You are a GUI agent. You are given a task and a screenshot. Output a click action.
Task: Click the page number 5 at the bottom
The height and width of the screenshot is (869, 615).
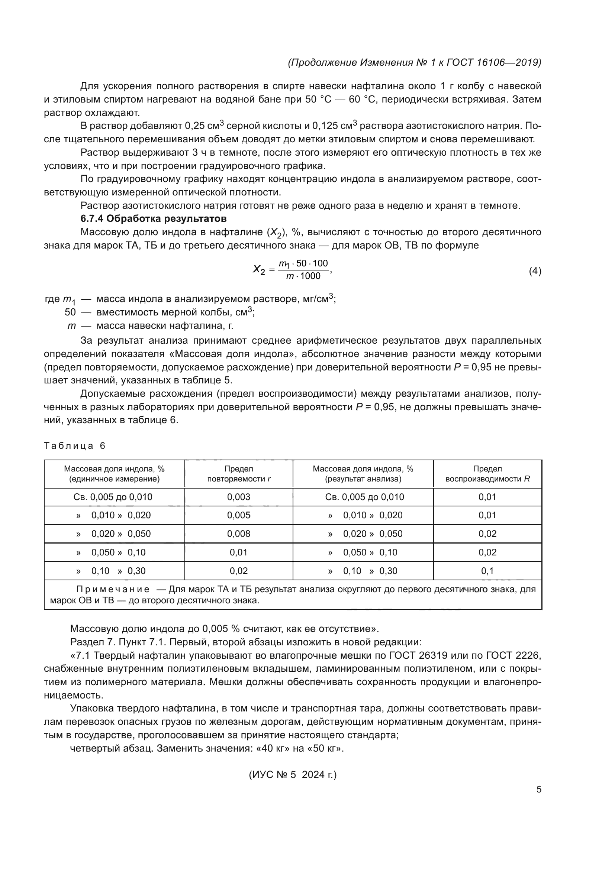(x=538, y=789)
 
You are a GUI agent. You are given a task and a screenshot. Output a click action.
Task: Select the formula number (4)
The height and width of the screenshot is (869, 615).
(x=535, y=271)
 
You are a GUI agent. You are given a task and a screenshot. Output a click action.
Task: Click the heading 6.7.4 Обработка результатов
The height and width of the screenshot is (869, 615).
(x=153, y=218)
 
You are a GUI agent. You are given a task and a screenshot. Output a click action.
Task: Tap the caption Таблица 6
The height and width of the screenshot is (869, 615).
(x=75, y=445)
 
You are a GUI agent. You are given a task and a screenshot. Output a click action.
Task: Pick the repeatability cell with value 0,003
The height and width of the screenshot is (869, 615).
(x=239, y=497)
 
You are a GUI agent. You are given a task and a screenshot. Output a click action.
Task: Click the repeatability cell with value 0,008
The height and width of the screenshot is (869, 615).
(x=239, y=534)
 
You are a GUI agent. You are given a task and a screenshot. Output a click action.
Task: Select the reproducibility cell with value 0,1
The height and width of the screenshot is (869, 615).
(x=487, y=571)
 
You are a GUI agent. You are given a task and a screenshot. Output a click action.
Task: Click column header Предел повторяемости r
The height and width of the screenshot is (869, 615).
(x=239, y=474)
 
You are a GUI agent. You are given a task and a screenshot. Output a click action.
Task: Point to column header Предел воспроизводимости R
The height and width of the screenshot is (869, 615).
(x=487, y=474)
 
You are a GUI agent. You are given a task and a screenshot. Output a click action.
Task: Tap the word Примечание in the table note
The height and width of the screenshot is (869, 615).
(x=112, y=589)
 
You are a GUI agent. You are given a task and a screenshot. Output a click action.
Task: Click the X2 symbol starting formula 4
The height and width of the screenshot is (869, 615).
(x=259, y=270)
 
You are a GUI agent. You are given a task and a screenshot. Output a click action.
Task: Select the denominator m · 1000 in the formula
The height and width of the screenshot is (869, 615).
(x=303, y=276)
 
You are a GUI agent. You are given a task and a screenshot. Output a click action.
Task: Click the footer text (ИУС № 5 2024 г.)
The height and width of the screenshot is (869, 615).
(x=293, y=775)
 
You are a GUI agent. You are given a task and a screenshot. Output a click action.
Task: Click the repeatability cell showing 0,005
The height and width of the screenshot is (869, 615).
(x=239, y=515)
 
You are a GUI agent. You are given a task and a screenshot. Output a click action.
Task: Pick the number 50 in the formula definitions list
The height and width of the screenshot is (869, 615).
(x=70, y=312)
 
